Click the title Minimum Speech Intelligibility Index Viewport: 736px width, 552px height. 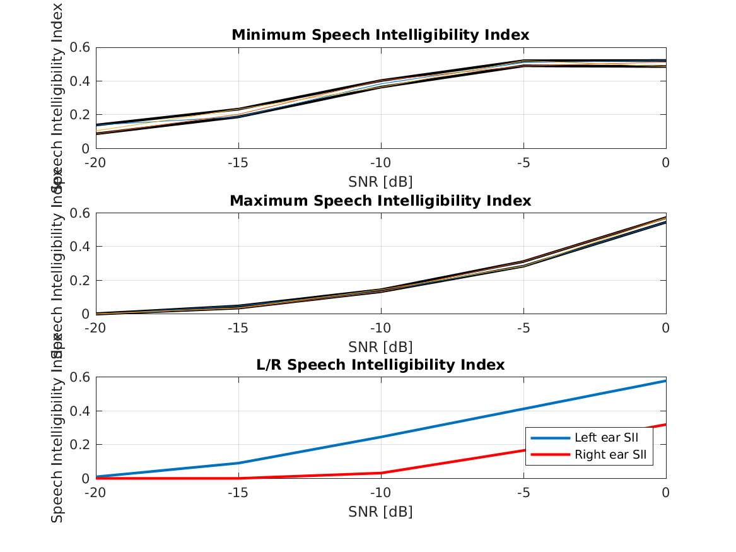point(380,35)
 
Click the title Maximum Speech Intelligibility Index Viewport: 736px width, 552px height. point(380,201)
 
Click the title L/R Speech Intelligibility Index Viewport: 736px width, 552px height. point(380,365)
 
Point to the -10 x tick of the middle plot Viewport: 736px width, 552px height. point(380,328)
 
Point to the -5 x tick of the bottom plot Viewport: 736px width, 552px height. point(523,492)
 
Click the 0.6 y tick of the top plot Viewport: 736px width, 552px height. point(80,47)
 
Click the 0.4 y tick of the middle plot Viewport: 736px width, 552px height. point(80,247)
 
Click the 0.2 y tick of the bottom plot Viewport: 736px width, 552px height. point(80,445)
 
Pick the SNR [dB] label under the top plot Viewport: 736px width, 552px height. point(380,182)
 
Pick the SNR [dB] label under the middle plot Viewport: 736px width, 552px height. point(380,347)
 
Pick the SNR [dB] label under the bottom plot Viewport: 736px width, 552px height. point(380,512)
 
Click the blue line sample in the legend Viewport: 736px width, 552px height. point(550,438)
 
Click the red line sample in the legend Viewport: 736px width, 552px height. point(550,454)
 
